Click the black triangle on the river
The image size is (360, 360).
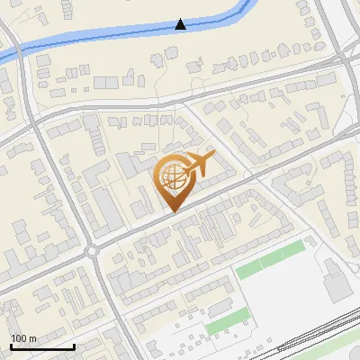click(x=180, y=24)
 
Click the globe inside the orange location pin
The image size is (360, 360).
click(x=172, y=179)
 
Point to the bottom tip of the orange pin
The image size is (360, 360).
click(x=172, y=212)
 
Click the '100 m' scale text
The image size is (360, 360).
click(x=23, y=338)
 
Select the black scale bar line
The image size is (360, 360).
click(x=42, y=346)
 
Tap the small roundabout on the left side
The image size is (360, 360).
click(x=94, y=251)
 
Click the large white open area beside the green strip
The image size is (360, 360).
click(x=288, y=297)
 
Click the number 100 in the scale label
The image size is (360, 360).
click(x=19, y=338)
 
